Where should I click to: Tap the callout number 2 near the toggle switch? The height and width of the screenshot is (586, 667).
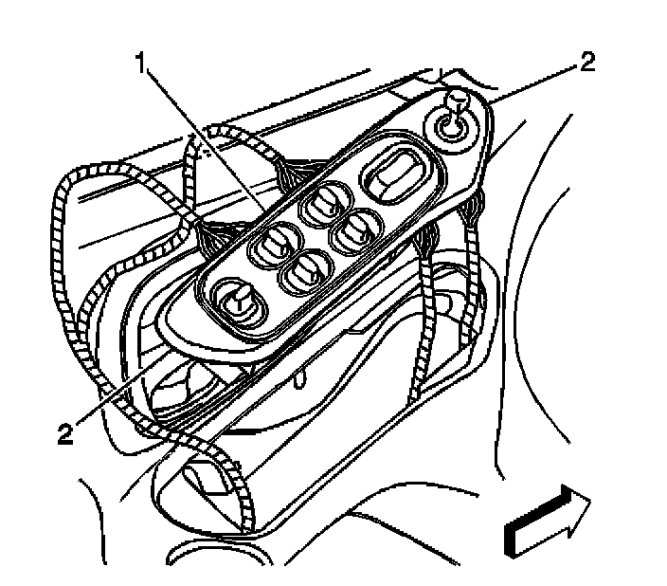click(588, 63)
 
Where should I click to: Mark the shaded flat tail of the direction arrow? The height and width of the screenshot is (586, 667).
click(512, 538)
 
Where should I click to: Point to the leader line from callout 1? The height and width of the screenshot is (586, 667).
click(204, 142)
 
